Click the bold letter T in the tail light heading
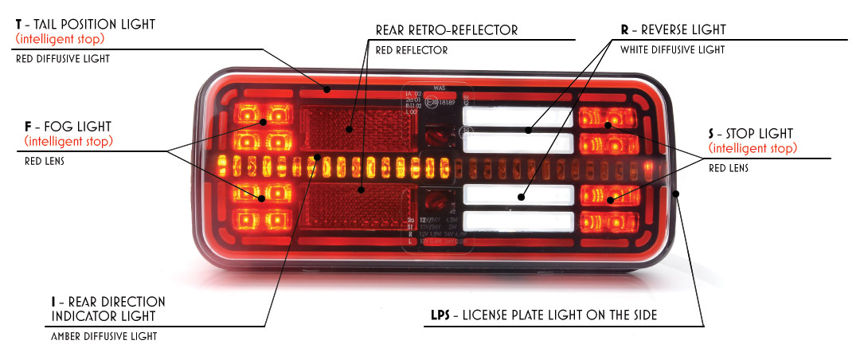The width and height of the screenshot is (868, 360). (x=19, y=25)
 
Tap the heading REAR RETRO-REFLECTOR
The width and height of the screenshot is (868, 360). (x=446, y=30)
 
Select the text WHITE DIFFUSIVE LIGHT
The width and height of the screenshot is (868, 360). (x=672, y=49)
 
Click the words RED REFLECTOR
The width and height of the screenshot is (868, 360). (x=411, y=50)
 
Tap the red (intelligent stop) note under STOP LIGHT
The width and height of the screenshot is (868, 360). (x=753, y=149)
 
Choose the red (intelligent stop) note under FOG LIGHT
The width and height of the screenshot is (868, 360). (x=68, y=142)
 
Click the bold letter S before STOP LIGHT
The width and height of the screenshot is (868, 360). (x=712, y=133)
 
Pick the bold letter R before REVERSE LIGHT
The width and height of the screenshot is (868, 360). (x=625, y=30)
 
